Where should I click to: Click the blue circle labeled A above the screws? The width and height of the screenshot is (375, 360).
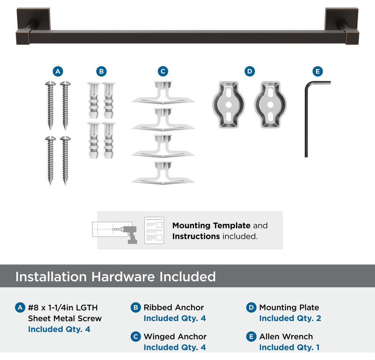coord(58,71)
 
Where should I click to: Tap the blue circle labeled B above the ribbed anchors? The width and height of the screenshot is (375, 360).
coord(102,71)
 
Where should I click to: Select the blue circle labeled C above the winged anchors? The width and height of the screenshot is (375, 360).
coord(163,71)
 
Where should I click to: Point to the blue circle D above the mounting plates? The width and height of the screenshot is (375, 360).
coord(250,71)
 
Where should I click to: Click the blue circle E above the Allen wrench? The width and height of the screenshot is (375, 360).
coord(317,71)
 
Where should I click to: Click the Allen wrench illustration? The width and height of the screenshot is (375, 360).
coord(306,120)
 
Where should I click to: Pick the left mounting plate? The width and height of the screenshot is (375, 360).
coord(229,105)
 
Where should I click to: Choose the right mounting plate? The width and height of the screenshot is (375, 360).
coord(270,105)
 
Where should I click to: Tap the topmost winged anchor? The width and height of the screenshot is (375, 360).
coord(163,93)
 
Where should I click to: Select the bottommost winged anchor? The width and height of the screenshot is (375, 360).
coord(163,173)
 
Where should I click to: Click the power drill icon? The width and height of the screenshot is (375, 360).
coord(130,235)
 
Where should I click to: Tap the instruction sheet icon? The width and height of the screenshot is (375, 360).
coord(154,230)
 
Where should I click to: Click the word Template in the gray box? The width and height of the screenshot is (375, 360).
coord(231,225)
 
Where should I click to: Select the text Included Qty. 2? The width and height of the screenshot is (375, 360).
coord(290,318)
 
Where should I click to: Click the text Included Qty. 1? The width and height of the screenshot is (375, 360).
coord(289,347)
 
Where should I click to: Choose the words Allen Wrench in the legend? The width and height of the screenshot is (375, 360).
coord(286,337)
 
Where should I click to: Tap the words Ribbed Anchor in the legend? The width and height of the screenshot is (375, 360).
coord(173,307)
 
